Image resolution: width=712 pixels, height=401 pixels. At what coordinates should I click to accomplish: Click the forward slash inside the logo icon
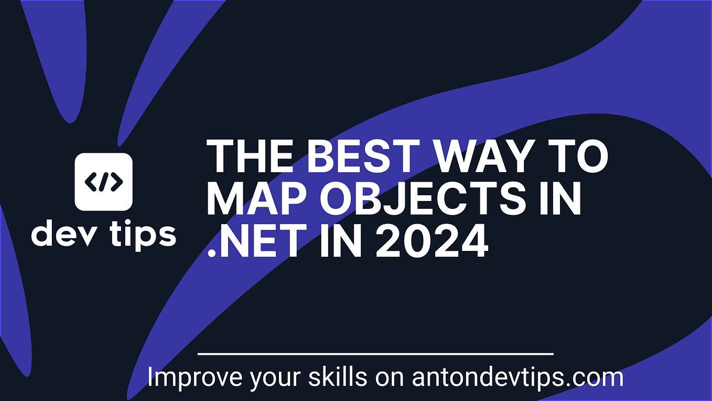click(x=104, y=182)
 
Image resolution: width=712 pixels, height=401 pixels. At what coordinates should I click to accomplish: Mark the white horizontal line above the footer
click(x=375, y=354)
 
